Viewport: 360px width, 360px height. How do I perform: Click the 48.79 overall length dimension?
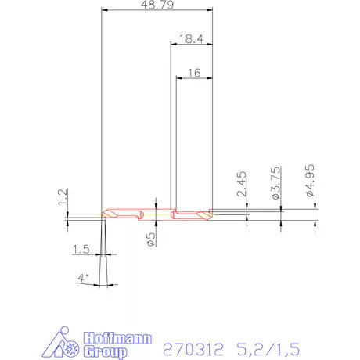coord(157,5)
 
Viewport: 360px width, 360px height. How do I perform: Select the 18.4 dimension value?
coord(191,37)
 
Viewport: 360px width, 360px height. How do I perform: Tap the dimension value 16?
coord(195,72)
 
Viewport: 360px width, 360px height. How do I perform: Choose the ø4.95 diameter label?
coord(310,181)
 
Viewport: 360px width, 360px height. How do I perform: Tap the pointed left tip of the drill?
coord(103,214)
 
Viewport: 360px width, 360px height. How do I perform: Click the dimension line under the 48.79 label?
coord(157,12)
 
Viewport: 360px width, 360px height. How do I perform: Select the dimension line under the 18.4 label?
coord(191,45)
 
